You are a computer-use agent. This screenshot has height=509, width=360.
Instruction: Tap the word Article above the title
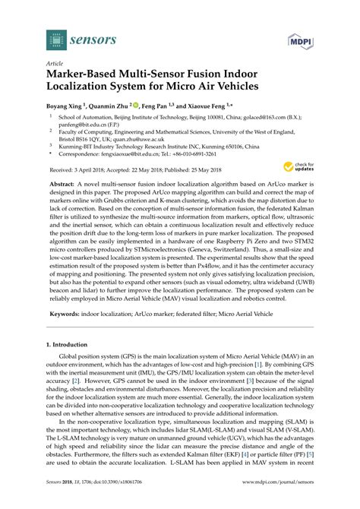tap(55, 65)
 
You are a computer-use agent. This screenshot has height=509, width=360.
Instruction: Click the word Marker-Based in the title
tap(87, 76)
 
